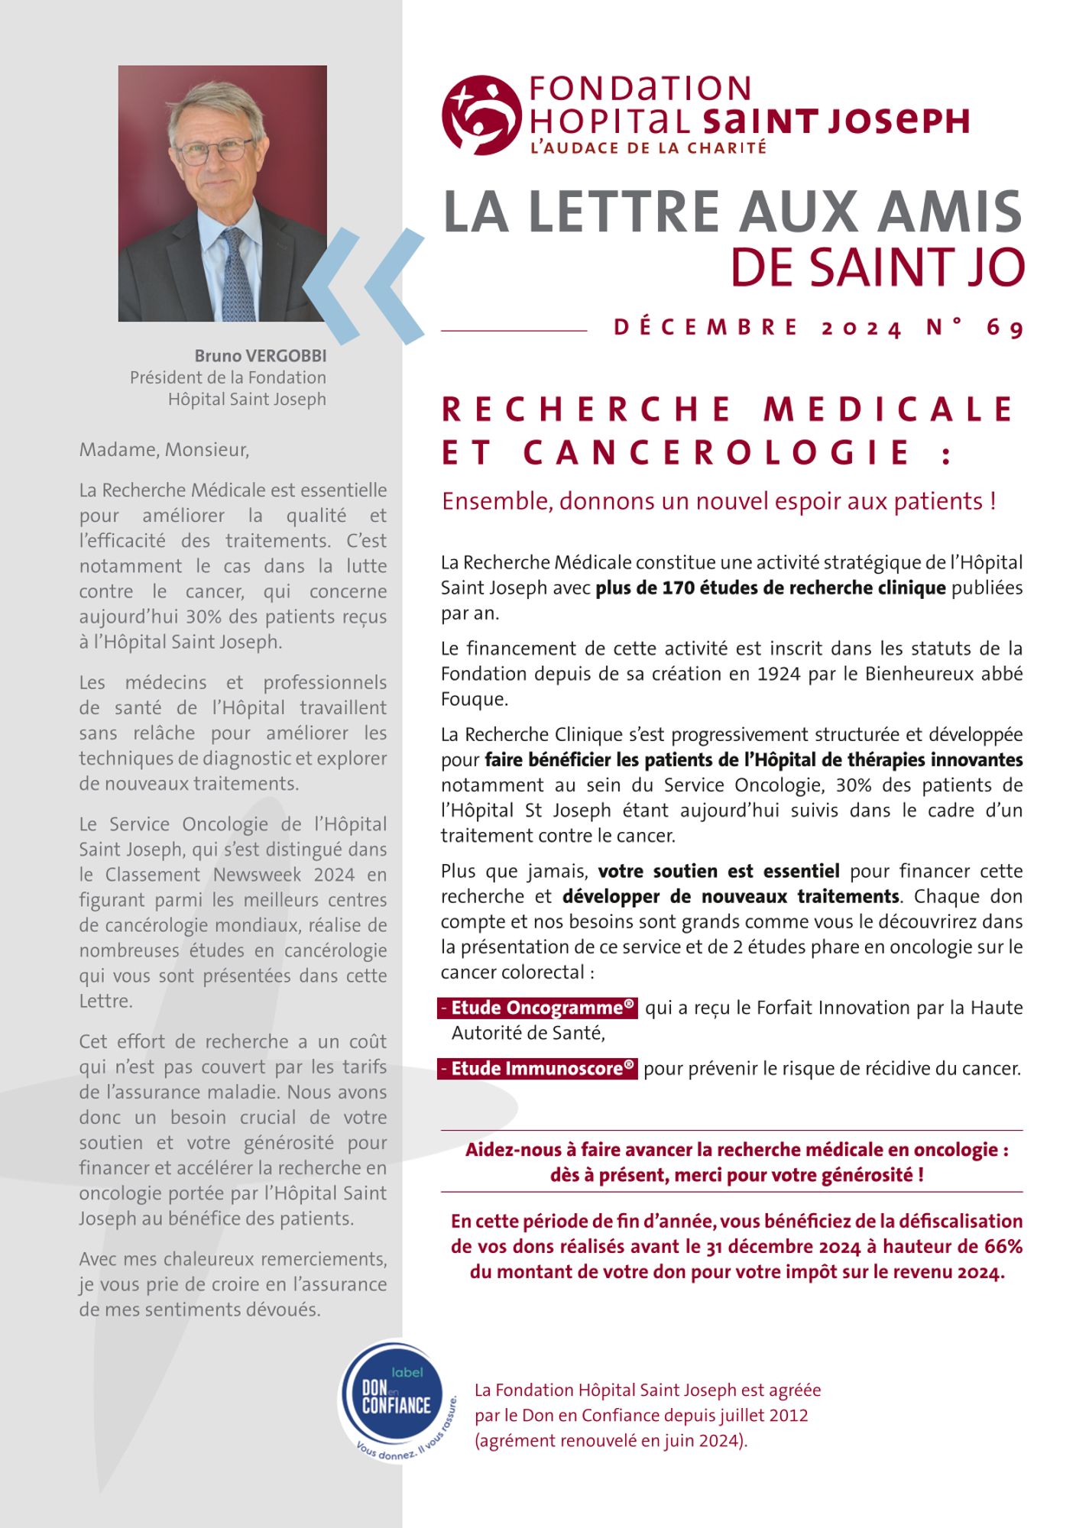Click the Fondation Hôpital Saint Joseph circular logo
[481, 115]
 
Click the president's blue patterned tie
[237, 275]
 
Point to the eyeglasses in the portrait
[215, 150]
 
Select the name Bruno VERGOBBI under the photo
[260, 356]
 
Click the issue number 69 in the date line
[1004, 328]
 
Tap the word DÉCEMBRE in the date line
[706, 328]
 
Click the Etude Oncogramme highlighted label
[538, 1008]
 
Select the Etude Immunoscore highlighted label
[538, 1068]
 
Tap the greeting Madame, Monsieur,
[164, 449]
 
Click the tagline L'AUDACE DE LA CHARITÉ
[648, 148]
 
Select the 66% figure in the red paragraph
[1003, 1246]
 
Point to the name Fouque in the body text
[474, 699]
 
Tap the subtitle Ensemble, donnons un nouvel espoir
[718, 501]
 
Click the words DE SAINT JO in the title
[877, 267]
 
